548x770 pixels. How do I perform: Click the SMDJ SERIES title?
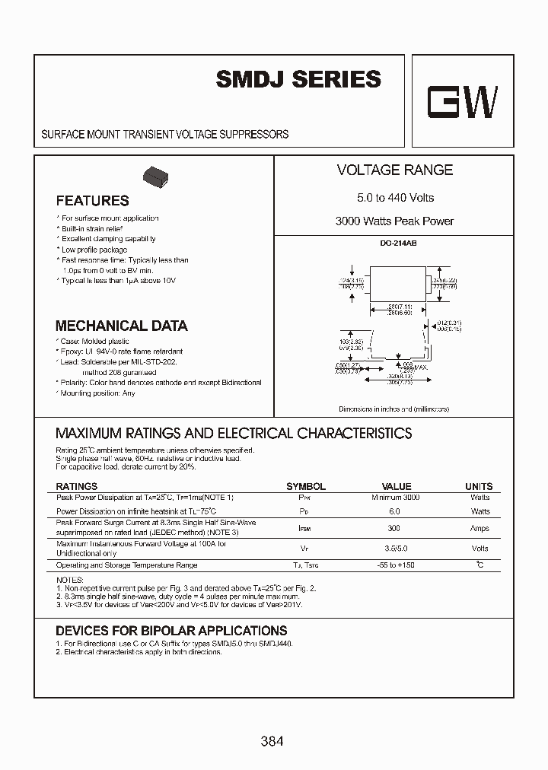(298, 79)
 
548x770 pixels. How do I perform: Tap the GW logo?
(462, 102)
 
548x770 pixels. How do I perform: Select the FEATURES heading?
(92, 201)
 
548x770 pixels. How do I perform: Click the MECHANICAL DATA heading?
(121, 326)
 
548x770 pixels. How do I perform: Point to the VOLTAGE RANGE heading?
(394, 170)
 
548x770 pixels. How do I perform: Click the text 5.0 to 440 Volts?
(395, 198)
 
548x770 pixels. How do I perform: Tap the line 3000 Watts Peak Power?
(394, 221)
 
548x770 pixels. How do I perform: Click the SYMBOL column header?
(305, 486)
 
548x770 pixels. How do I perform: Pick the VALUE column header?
(396, 486)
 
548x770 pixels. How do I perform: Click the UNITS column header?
(479, 486)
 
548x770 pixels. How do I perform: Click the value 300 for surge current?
(394, 528)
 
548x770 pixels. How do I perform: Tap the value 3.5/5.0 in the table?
(395, 548)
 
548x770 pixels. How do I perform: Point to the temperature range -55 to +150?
(395, 565)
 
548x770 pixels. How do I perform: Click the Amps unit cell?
(479, 528)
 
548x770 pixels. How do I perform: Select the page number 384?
(271, 740)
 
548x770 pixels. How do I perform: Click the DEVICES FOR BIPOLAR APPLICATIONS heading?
(171, 631)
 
